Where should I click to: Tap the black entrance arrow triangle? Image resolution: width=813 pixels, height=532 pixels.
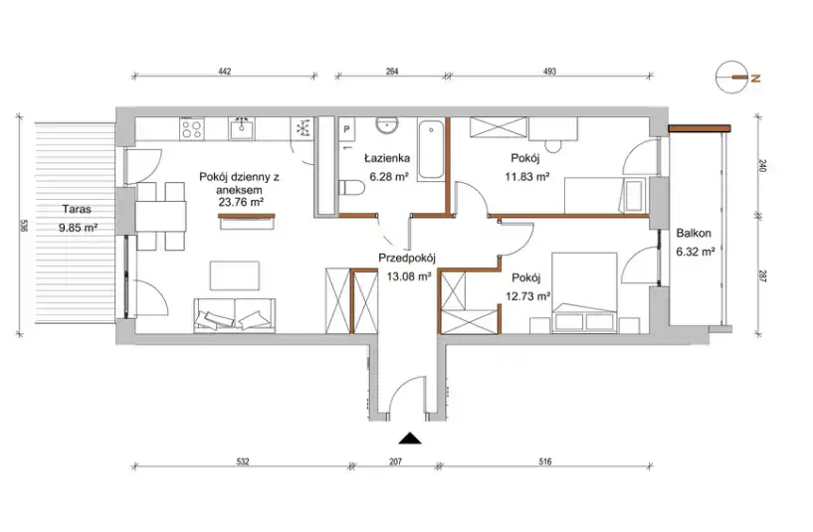click(410, 439)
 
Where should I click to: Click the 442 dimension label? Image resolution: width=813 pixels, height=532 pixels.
click(224, 72)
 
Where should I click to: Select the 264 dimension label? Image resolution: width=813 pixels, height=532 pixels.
click(392, 72)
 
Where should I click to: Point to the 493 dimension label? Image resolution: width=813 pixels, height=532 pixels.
click(549, 72)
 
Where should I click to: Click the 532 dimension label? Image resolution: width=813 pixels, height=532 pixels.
click(242, 461)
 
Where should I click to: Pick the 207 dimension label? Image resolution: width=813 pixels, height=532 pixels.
click(395, 461)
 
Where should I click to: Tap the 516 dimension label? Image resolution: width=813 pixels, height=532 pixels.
click(544, 461)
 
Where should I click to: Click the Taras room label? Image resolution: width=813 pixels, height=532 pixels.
click(77, 209)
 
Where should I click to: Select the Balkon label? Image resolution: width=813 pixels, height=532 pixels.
click(694, 233)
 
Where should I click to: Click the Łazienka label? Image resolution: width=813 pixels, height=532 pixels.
click(387, 158)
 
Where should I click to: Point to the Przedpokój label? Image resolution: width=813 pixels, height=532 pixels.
click(406, 258)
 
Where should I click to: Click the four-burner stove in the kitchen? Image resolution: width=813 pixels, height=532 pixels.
click(191, 129)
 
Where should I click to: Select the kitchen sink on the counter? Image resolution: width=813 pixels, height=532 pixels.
click(242, 128)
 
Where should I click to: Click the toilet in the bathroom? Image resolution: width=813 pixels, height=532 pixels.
click(351, 188)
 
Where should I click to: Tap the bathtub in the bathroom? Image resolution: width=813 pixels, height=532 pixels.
click(431, 150)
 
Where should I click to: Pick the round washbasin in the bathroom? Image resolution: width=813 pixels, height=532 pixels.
click(387, 125)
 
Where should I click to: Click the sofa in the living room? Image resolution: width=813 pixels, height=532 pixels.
click(235, 315)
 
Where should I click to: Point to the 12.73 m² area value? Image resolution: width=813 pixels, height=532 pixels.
click(527, 296)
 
